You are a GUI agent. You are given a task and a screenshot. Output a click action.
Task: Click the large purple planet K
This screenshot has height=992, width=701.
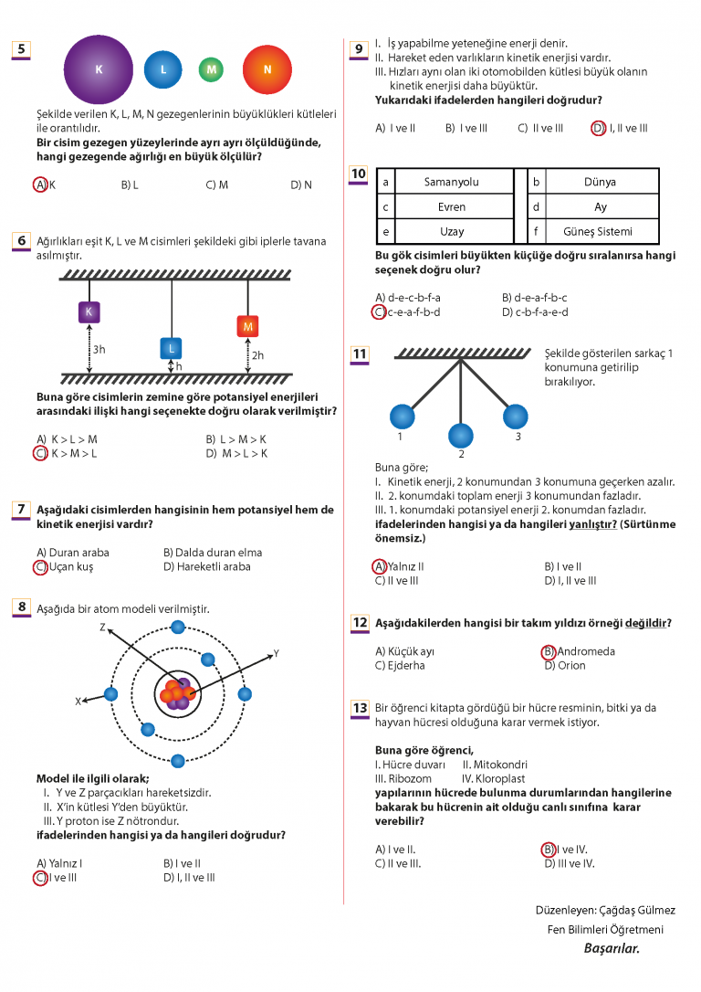(x=99, y=69)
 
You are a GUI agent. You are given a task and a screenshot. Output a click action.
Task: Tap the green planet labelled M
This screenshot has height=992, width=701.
(x=211, y=69)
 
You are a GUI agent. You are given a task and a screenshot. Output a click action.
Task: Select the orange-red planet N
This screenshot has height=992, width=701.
(x=267, y=69)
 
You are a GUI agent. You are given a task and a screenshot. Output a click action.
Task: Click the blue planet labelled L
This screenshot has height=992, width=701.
(x=163, y=69)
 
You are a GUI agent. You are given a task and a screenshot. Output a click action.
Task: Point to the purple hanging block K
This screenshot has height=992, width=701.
(x=89, y=311)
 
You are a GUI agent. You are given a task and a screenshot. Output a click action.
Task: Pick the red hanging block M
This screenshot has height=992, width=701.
(x=247, y=326)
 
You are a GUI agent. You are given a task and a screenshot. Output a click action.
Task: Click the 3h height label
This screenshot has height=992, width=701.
(x=99, y=350)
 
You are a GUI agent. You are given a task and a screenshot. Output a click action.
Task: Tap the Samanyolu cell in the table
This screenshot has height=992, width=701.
(x=451, y=182)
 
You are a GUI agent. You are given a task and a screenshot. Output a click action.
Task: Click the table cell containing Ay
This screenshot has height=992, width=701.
(x=601, y=206)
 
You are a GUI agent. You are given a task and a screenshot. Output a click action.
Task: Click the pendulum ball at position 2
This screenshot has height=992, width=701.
(x=461, y=436)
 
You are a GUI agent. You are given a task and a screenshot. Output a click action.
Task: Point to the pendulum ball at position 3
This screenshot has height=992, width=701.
(x=515, y=416)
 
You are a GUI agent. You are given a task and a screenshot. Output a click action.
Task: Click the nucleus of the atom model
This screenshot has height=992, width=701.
(x=177, y=693)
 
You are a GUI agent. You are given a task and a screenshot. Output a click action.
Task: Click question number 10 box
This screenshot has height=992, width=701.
(x=359, y=174)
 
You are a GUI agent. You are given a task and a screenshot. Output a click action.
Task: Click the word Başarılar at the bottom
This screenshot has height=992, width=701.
(x=612, y=948)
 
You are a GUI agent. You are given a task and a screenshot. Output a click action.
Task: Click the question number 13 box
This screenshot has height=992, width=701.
(x=360, y=708)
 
